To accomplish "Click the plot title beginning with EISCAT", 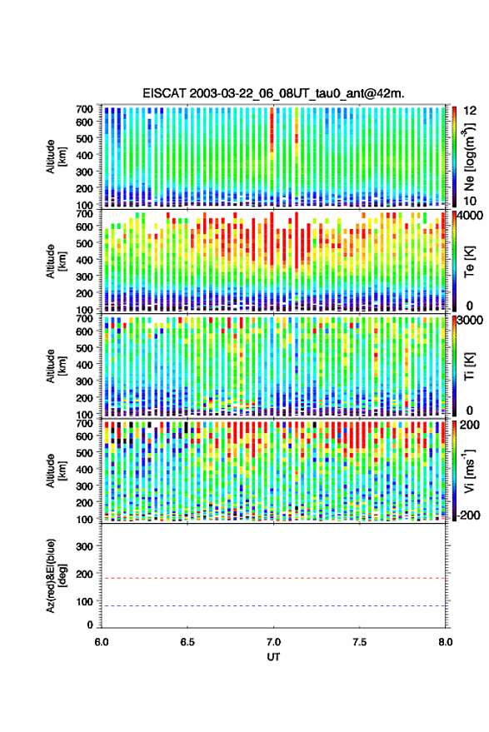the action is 274,93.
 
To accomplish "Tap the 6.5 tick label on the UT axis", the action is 187,642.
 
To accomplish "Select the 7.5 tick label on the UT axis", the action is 360,642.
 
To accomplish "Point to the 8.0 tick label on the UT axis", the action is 446,642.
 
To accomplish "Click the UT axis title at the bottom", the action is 274,657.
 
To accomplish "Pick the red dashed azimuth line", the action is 274,578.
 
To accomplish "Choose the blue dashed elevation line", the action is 274,605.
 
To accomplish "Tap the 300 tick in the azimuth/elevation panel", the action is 84,546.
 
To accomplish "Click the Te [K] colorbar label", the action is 469,261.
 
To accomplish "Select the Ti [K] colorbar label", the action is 469,366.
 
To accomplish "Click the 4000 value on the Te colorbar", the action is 471,216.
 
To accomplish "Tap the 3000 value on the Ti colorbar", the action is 471,321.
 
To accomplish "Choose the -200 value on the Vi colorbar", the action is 468,515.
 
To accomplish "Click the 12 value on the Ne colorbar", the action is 470,111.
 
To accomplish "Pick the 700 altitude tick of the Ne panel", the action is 84,109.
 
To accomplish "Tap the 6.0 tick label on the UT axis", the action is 102,642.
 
